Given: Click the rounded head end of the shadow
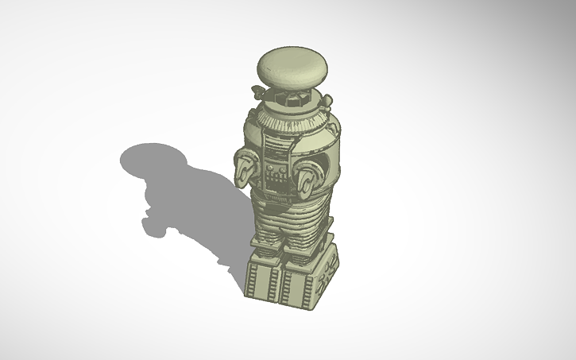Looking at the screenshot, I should (146, 159).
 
